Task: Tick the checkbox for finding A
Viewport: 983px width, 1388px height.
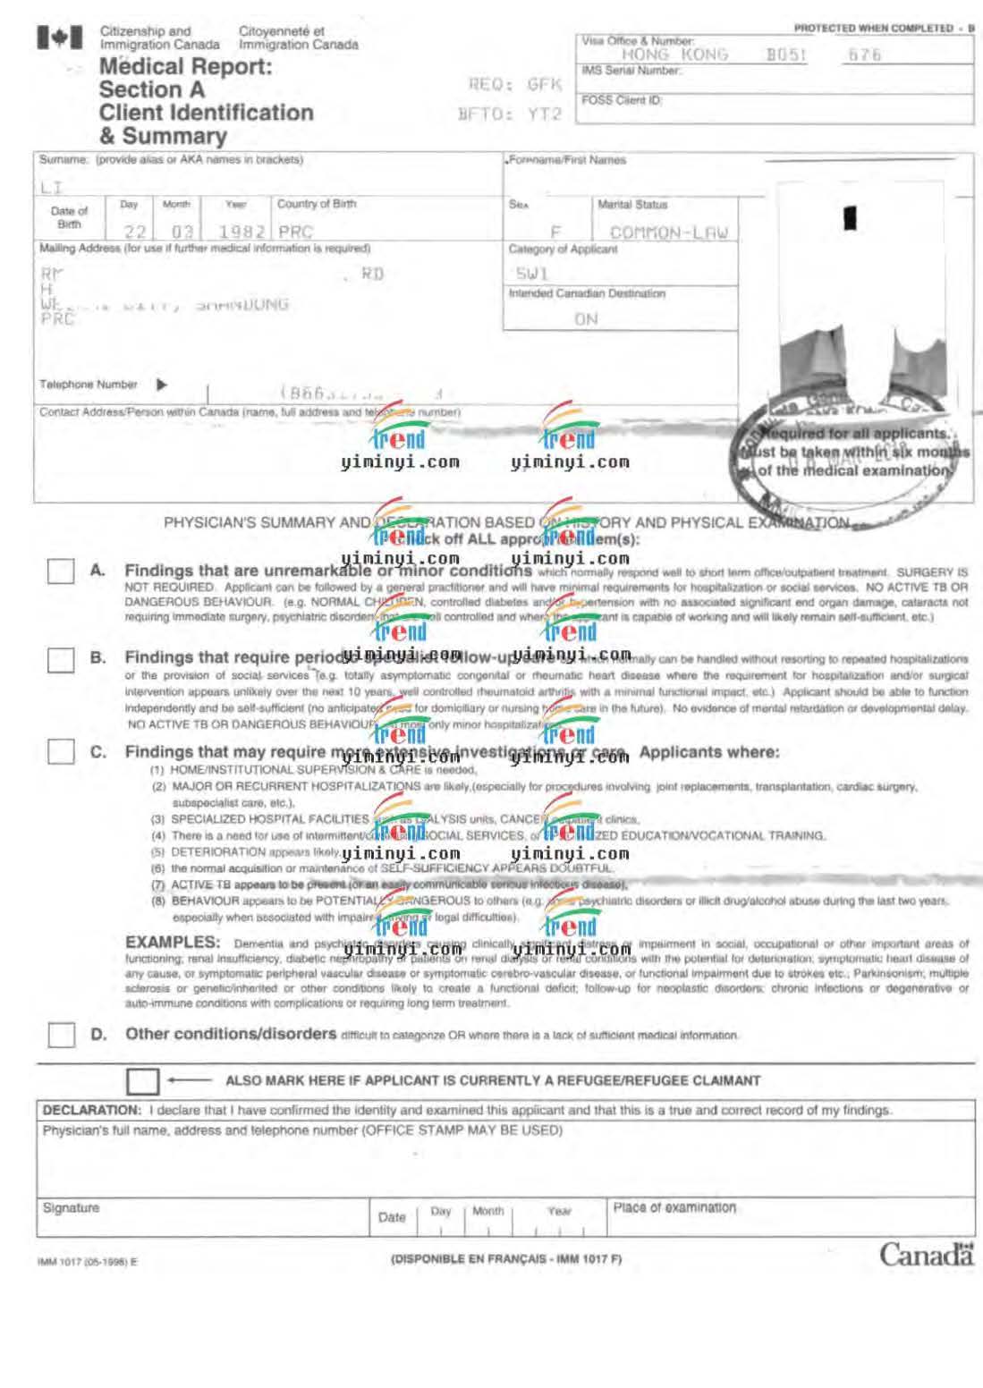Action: tap(61, 571)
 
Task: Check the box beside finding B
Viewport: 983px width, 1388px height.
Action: tap(61, 660)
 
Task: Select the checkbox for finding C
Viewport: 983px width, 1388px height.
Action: tap(61, 751)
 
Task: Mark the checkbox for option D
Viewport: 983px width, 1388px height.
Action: tap(61, 1035)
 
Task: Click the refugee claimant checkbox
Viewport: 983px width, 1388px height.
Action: tap(142, 1081)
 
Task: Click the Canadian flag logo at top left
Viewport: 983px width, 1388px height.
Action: tap(60, 38)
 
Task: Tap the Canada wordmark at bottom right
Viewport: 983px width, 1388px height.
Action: tap(926, 1255)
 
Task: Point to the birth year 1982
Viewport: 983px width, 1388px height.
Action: tap(242, 232)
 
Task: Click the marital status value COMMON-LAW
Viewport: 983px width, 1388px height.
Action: tap(669, 233)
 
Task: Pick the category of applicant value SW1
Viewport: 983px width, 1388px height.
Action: tap(530, 274)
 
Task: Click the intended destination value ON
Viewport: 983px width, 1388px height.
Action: tap(586, 319)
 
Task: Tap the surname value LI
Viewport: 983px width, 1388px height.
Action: tap(51, 187)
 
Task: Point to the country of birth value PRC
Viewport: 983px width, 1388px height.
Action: tap(296, 232)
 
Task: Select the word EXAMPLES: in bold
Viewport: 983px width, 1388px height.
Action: tap(173, 942)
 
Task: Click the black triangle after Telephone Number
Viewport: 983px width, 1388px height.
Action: tap(162, 385)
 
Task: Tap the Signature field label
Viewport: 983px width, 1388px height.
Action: tap(71, 1208)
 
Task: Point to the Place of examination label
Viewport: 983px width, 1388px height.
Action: tap(674, 1207)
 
